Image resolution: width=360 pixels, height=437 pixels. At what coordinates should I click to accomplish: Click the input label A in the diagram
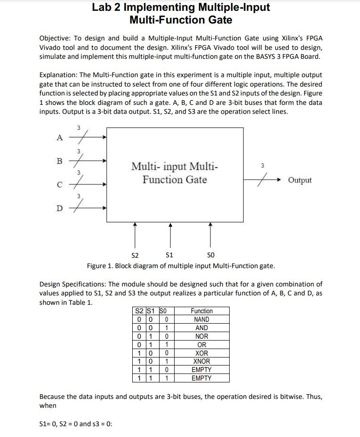tap(59, 137)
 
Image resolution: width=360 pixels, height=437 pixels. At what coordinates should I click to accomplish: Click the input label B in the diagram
tap(59, 161)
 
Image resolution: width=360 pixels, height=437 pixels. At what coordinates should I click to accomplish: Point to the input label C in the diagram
tap(59, 184)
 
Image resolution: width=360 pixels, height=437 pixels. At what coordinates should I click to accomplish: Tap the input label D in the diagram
tap(59, 208)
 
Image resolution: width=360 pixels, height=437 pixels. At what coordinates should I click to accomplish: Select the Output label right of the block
tap(299, 180)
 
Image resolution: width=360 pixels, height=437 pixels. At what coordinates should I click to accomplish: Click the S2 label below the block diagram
tap(135, 255)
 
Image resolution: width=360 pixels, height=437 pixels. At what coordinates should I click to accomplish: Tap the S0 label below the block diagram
tap(210, 255)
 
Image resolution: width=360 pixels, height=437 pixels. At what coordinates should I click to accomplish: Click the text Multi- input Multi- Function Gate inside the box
tap(175, 173)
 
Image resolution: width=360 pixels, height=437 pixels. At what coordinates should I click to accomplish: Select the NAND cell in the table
tap(201, 319)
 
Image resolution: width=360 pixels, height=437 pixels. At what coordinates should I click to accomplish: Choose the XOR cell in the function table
tap(201, 353)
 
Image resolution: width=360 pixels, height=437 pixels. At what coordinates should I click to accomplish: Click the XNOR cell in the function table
tap(201, 362)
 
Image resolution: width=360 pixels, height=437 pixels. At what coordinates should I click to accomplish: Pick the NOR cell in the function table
tap(201, 336)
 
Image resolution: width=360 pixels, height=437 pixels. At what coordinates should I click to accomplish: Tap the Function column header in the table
tap(201, 311)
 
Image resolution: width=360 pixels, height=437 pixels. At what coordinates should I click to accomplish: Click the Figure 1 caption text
tap(181, 266)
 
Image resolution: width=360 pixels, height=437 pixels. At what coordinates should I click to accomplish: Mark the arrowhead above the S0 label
tap(210, 225)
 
